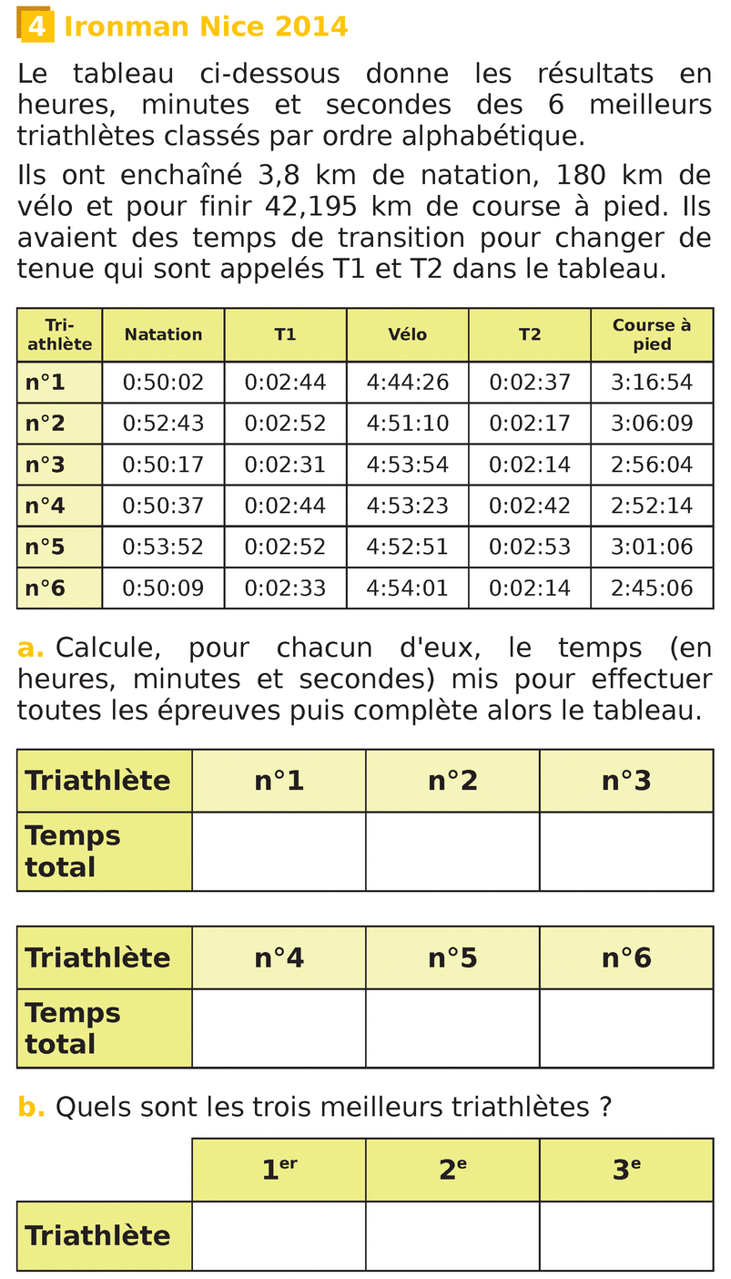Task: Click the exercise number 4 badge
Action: pos(36,26)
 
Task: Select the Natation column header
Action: pos(163,334)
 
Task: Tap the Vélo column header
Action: pos(407,334)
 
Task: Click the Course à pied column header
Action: pos(651,334)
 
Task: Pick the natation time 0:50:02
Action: pos(163,383)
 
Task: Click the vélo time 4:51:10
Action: pos(407,424)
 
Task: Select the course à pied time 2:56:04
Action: pos(651,465)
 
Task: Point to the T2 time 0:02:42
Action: pos(529,506)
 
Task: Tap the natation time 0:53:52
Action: pos(163,547)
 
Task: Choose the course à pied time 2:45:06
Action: pos(651,588)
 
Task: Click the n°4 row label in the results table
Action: pos(46,506)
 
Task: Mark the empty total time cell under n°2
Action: pos(452,851)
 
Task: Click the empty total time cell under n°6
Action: pos(625,1028)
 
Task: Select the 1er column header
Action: pos(279,1170)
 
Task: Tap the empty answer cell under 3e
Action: pos(625,1235)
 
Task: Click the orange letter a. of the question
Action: pos(30,649)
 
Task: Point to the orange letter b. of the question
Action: pos(31,1107)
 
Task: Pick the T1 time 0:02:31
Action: pos(285,465)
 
